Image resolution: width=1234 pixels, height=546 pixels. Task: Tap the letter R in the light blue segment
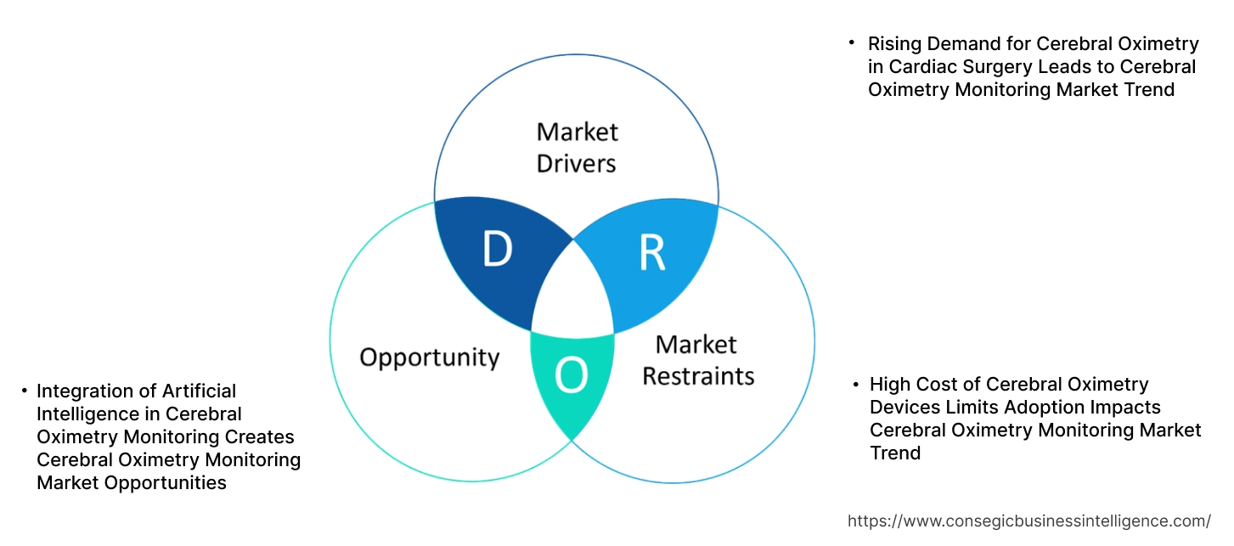[651, 253]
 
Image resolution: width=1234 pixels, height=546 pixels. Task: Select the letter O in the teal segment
[571, 376]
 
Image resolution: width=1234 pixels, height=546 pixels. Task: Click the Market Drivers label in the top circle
[577, 147]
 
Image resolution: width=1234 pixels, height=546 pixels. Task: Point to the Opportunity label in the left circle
[429, 357]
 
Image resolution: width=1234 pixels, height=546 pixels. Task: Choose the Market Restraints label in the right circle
[697, 359]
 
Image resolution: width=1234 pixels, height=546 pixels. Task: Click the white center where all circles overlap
[572, 293]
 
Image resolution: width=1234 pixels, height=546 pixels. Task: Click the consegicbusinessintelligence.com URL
[1029, 521]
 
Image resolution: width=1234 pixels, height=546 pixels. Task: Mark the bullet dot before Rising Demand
[852, 42]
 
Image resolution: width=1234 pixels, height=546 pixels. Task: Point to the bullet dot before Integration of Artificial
[24, 390]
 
